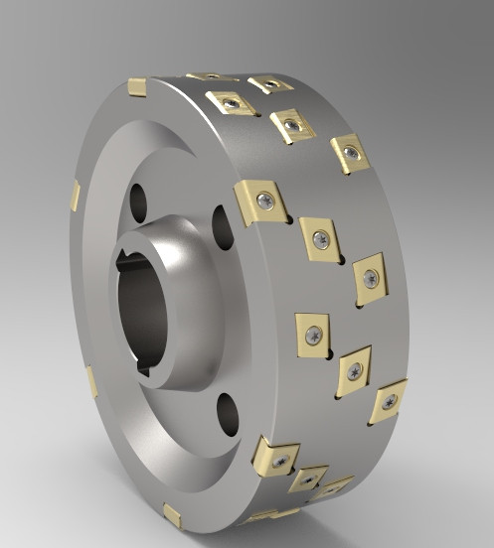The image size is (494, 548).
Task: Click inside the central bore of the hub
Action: point(139,308)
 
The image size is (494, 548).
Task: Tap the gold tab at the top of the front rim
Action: point(137,89)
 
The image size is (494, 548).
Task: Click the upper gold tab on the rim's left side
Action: point(75,197)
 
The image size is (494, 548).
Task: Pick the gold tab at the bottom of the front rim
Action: point(172,515)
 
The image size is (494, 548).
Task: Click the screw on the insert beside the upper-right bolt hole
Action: point(264,202)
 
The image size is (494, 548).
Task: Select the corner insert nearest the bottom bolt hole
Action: point(275,457)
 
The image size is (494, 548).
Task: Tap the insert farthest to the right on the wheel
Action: point(388,400)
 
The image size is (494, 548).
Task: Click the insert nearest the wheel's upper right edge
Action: point(349,152)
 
